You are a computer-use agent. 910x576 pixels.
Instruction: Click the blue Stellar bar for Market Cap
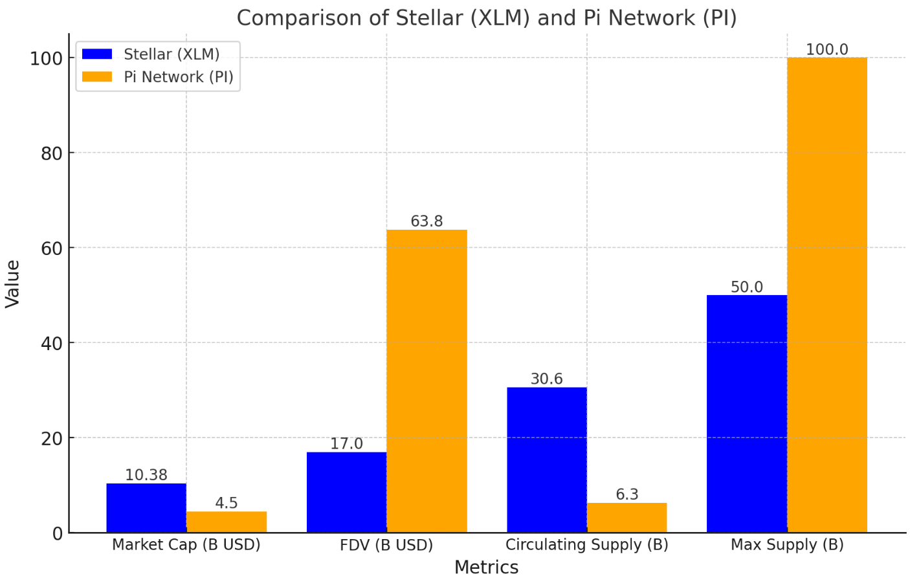click(x=146, y=508)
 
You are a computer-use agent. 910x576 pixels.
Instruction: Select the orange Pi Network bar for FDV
click(x=427, y=381)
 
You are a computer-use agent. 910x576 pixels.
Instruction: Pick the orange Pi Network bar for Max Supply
click(x=827, y=295)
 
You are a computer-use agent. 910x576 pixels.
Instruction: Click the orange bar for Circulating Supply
click(x=627, y=518)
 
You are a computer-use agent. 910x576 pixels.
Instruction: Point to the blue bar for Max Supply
click(x=747, y=414)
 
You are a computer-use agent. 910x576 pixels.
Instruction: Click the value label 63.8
click(x=427, y=221)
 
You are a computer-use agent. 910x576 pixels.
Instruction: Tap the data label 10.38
click(x=146, y=475)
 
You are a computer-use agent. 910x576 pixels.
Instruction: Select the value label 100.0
click(x=827, y=50)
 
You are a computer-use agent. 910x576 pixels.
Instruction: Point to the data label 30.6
click(x=547, y=379)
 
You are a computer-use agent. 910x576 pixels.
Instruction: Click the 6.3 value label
click(x=627, y=494)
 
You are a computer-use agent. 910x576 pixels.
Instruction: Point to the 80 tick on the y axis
click(x=52, y=153)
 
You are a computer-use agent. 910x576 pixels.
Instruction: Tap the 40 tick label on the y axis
click(x=52, y=343)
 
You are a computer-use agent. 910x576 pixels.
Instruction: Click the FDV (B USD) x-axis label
click(x=386, y=545)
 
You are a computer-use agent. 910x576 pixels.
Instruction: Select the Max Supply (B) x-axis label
click(x=787, y=545)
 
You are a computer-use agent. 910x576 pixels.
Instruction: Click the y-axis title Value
click(x=13, y=283)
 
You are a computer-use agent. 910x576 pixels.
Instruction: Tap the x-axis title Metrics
click(x=486, y=567)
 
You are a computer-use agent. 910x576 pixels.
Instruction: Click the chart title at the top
click(x=487, y=17)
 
